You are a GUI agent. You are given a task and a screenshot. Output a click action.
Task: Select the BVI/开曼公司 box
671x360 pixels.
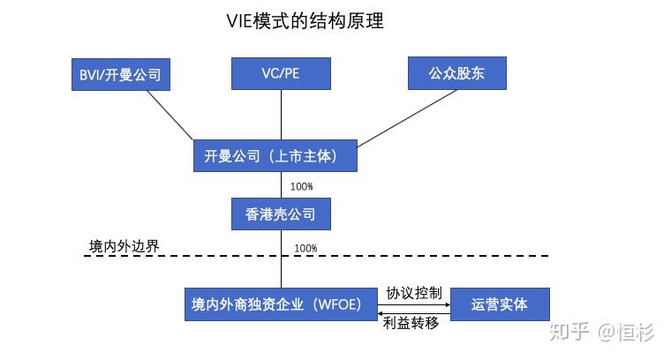(x=120, y=75)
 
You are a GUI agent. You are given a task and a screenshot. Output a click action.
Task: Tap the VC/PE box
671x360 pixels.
(x=281, y=73)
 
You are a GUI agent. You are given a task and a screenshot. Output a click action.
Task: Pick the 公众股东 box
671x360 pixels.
(x=457, y=73)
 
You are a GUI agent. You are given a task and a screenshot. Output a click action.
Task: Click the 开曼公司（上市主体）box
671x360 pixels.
(x=276, y=156)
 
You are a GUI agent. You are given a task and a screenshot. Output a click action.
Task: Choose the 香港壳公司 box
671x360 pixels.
(x=280, y=213)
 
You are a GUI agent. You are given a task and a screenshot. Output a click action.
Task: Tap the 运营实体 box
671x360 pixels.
(x=500, y=304)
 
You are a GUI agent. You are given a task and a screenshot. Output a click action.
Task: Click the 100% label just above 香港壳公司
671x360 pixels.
(x=301, y=187)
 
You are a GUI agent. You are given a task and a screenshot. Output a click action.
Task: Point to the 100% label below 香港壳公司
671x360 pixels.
(x=305, y=248)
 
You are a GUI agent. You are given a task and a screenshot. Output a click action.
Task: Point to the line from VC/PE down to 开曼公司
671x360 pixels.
(x=281, y=115)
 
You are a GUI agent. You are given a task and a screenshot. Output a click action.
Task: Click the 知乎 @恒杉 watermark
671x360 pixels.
(x=601, y=333)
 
